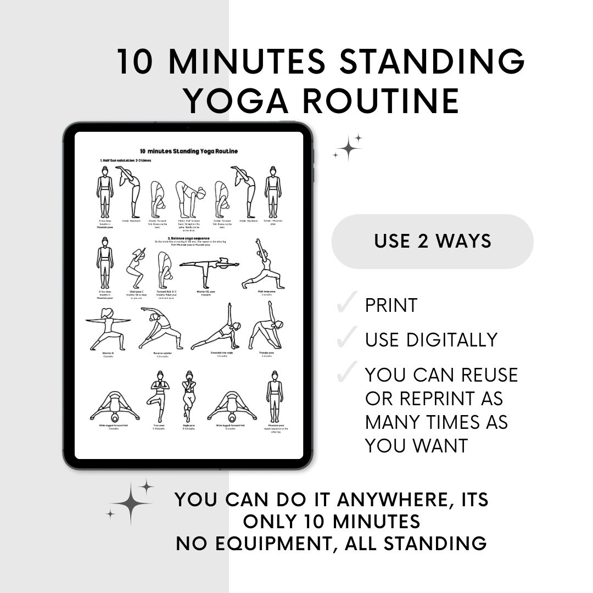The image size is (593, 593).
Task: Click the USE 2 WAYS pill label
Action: (433, 241)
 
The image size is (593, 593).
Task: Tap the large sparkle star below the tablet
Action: (131, 502)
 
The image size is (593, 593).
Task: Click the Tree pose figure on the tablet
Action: (158, 395)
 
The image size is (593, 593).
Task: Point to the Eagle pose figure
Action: (189, 395)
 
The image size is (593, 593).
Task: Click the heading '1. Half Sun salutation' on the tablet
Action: (126, 160)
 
